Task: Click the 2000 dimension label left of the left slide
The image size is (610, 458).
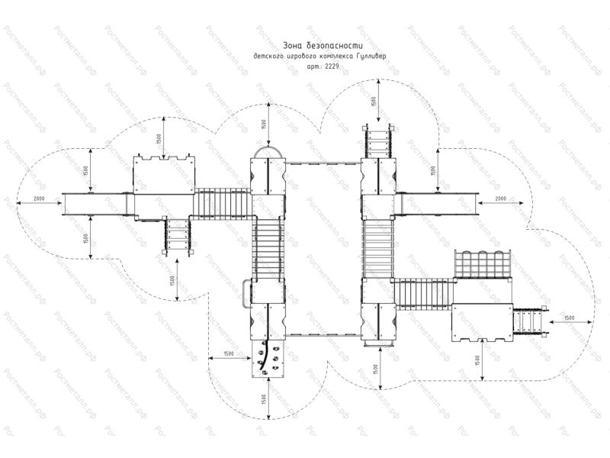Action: point(33,199)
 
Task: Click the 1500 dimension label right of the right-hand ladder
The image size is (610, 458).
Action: point(569,317)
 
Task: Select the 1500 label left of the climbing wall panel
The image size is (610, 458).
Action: point(223,353)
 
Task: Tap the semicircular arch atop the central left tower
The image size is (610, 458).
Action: point(267,153)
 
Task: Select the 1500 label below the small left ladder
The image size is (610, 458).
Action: point(174,279)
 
